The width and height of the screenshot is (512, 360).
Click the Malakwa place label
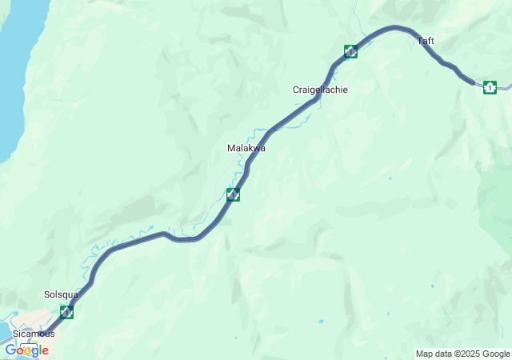[x=246, y=148]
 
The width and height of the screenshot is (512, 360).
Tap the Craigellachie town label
[x=320, y=90]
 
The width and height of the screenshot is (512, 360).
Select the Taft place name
[x=426, y=40]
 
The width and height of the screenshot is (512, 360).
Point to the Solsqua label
[x=61, y=294]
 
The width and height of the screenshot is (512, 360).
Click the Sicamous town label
[x=34, y=333]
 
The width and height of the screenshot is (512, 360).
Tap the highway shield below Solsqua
[x=66, y=312]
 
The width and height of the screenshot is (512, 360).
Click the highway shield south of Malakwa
[x=233, y=194]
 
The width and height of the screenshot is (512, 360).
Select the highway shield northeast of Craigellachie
[x=350, y=52]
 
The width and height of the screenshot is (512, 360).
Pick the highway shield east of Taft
[x=490, y=87]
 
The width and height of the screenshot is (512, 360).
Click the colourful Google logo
[x=26, y=350]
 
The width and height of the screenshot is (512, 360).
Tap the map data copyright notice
[x=462, y=354]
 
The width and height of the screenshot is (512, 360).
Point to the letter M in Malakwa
[x=230, y=148]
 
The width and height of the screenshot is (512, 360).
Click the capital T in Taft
[x=419, y=40]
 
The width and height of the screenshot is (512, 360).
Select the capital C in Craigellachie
[x=296, y=90]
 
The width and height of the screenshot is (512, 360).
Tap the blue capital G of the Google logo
[x=10, y=350]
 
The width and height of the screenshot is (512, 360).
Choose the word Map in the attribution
[x=424, y=354]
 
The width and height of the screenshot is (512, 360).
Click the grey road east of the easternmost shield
[x=505, y=85]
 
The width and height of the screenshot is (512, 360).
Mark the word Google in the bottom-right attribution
[x=494, y=354]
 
